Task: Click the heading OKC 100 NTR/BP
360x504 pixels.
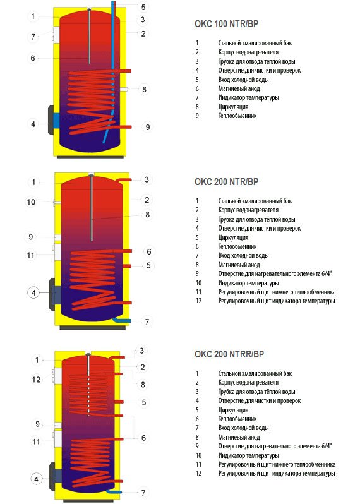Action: coord(226,24)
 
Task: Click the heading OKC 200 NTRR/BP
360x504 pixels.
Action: coord(229,354)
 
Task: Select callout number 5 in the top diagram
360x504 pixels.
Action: coord(143,7)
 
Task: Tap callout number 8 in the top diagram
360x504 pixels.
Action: coord(145,89)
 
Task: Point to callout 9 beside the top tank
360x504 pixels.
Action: coord(148,128)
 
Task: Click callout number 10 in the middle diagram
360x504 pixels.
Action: coord(31,202)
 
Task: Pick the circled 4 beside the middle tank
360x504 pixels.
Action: coord(33,293)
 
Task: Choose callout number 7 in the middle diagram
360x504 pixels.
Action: coord(147,321)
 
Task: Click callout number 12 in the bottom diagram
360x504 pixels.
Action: coord(37,380)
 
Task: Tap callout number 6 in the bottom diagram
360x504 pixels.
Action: coord(143,438)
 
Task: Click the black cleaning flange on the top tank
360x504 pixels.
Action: coord(51,120)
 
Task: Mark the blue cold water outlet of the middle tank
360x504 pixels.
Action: coord(123,320)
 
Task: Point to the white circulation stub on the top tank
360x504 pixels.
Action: coord(124,88)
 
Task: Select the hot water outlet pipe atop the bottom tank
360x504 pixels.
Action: coord(117,357)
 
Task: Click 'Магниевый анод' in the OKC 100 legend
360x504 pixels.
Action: coord(239,88)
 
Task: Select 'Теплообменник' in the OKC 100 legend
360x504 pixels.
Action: coord(237,116)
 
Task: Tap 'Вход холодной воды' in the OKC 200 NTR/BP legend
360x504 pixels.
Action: coord(243,256)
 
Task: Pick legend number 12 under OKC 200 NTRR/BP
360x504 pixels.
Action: coord(199,473)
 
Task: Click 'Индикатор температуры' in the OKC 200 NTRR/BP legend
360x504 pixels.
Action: coord(248,455)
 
